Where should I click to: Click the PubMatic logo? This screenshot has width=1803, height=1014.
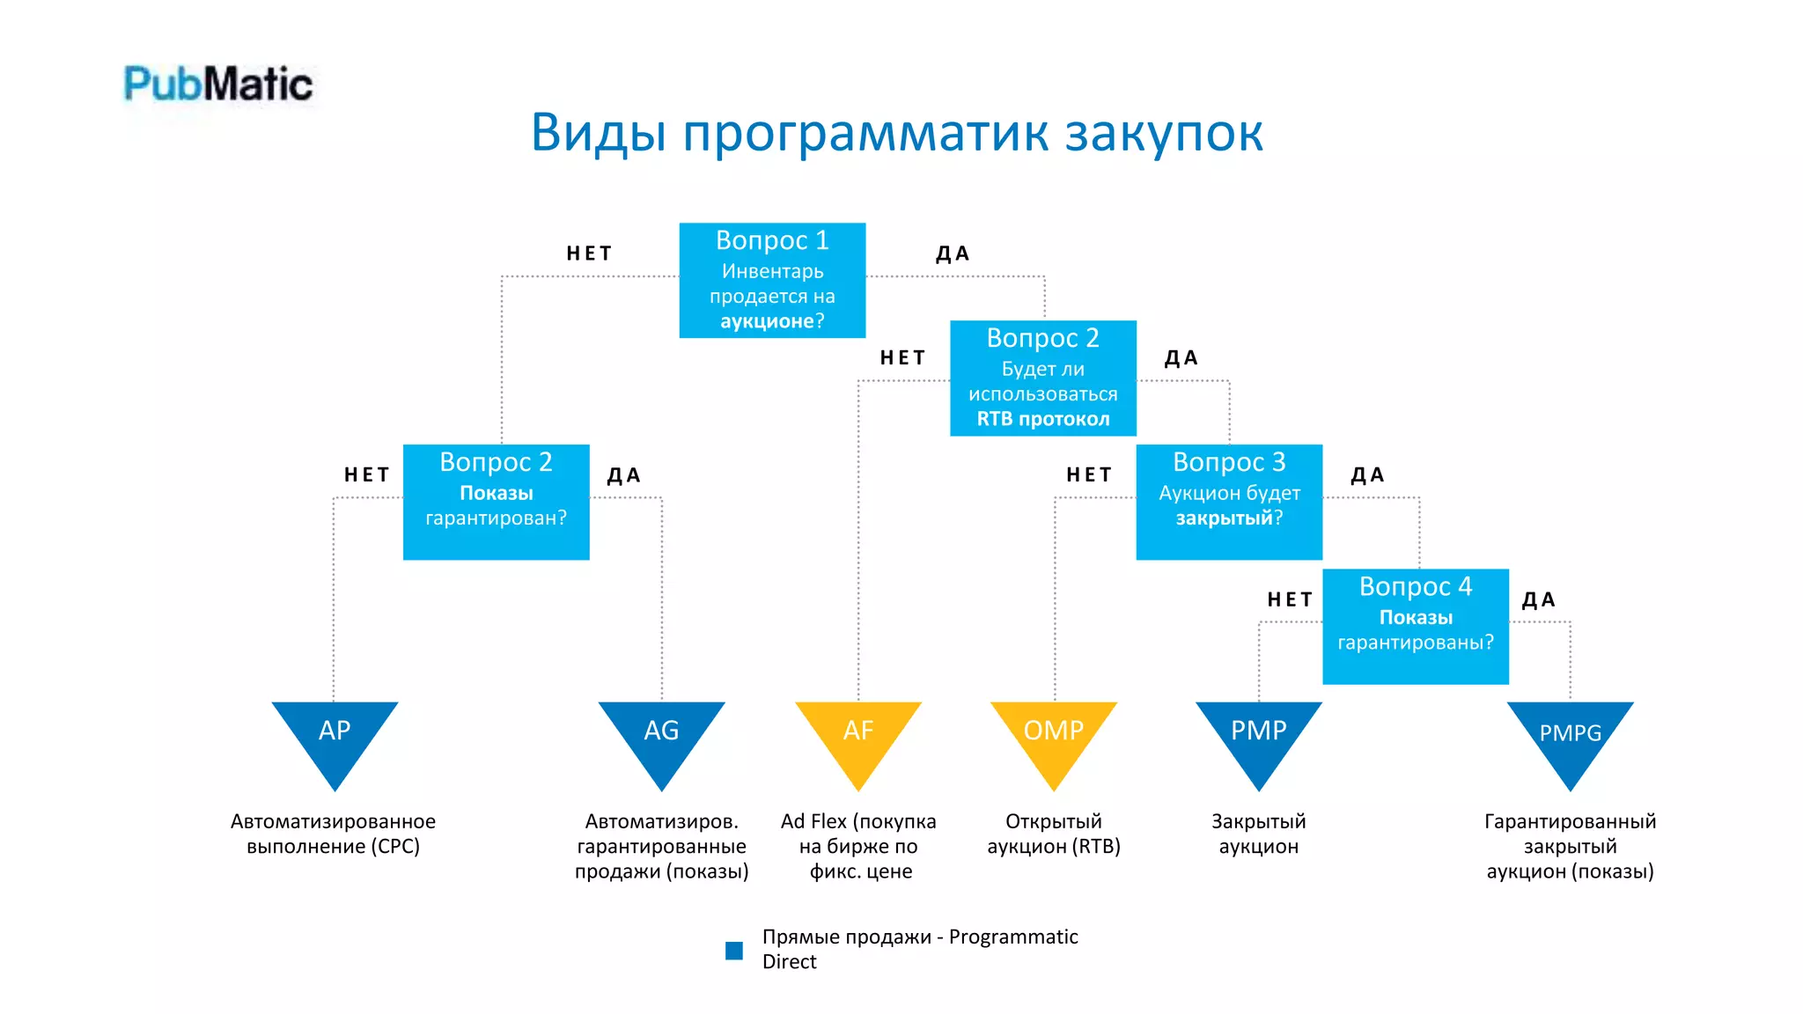(218, 84)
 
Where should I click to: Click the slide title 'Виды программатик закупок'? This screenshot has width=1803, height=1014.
(896, 133)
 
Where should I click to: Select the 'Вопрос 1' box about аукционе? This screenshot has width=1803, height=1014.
(772, 281)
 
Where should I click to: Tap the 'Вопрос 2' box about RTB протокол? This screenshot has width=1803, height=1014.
(1042, 378)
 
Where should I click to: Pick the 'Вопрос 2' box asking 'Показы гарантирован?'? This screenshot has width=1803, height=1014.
(496, 502)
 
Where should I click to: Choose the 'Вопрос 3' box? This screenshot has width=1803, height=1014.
(1229, 502)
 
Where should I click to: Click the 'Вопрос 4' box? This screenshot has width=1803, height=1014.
(1415, 626)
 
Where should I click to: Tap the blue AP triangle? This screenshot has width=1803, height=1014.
(335, 735)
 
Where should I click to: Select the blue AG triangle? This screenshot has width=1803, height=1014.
(661, 735)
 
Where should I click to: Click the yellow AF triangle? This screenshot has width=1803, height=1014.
(858, 735)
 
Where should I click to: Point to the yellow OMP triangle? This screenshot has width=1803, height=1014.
(1054, 735)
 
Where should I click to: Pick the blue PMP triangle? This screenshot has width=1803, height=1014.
(1259, 735)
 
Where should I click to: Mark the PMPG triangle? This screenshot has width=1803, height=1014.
(1570, 735)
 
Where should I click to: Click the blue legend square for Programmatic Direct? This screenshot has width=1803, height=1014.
(734, 951)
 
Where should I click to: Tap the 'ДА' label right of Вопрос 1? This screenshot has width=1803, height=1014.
(953, 254)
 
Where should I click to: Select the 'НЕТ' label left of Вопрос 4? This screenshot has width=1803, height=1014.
(1290, 600)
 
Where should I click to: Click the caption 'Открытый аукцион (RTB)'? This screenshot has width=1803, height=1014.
(1054, 834)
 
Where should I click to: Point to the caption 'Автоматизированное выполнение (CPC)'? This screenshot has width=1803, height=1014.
(333, 834)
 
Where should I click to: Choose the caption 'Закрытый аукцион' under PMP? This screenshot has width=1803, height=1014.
(1259, 834)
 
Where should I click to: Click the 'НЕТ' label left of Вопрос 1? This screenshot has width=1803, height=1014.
(589, 254)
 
